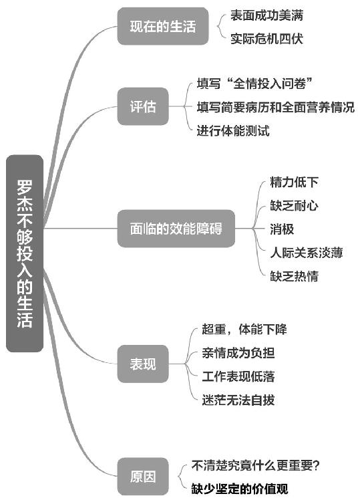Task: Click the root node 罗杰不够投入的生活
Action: (x=25, y=253)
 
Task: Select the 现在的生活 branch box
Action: (x=163, y=26)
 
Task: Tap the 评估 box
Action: (x=143, y=106)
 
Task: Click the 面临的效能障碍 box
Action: (x=176, y=229)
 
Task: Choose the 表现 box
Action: (x=143, y=364)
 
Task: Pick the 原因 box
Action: (x=143, y=477)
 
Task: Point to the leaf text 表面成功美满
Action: (x=266, y=15)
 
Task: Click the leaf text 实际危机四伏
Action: (x=266, y=39)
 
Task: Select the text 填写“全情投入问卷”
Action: (x=254, y=84)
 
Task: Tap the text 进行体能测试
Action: (x=233, y=130)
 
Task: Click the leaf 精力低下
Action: (x=294, y=182)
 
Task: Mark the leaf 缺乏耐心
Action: (x=294, y=205)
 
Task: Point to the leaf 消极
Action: (x=282, y=229)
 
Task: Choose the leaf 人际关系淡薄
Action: (x=307, y=253)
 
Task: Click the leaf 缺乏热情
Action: (x=294, y=276)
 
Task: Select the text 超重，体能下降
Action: (x=244, y=329)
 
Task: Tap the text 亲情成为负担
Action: (x=238, y=353)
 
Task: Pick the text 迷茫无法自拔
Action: (x=238, y=400)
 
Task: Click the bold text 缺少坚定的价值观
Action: (x=240, y=489)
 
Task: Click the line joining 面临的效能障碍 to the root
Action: (x=80, y=229)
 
